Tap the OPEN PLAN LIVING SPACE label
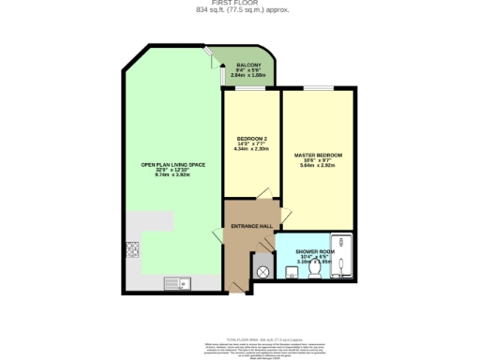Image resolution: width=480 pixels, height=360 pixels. pos(172,165)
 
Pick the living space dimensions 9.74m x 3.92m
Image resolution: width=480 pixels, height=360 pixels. pos(172,176)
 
